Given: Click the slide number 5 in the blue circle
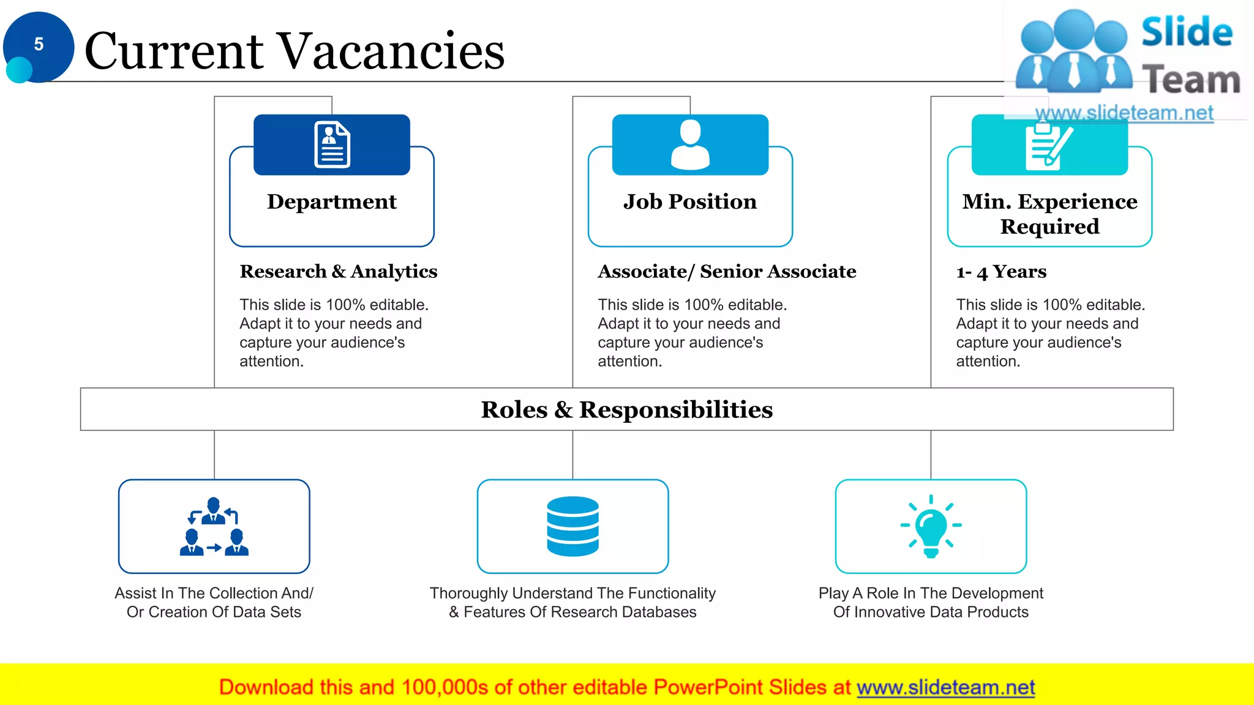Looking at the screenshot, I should [39, 44].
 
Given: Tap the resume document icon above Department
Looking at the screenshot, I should [332, 144].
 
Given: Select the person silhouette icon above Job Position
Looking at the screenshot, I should [690, 144].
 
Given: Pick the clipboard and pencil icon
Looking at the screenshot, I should [1049, 146].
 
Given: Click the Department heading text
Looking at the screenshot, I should [332, 201].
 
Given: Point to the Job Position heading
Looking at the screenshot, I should [690, 201].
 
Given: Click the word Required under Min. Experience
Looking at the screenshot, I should [1049, 226].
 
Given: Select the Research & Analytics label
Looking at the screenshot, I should [338, 271].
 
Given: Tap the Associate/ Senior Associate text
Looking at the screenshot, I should [727, 271].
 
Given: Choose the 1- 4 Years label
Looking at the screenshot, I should [1001, 271].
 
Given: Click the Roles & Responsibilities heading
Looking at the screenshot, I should [626, 409].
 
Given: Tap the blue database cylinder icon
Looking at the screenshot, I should [573, 526].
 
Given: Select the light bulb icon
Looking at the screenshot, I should [931, 526].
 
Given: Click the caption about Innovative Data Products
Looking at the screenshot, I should [931, 603].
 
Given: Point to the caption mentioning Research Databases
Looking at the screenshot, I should [573, 603].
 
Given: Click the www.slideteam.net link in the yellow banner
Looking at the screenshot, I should [945, 687].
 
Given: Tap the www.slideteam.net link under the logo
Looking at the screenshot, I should [1124, 113].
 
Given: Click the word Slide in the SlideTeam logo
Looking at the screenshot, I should [1187, 32].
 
